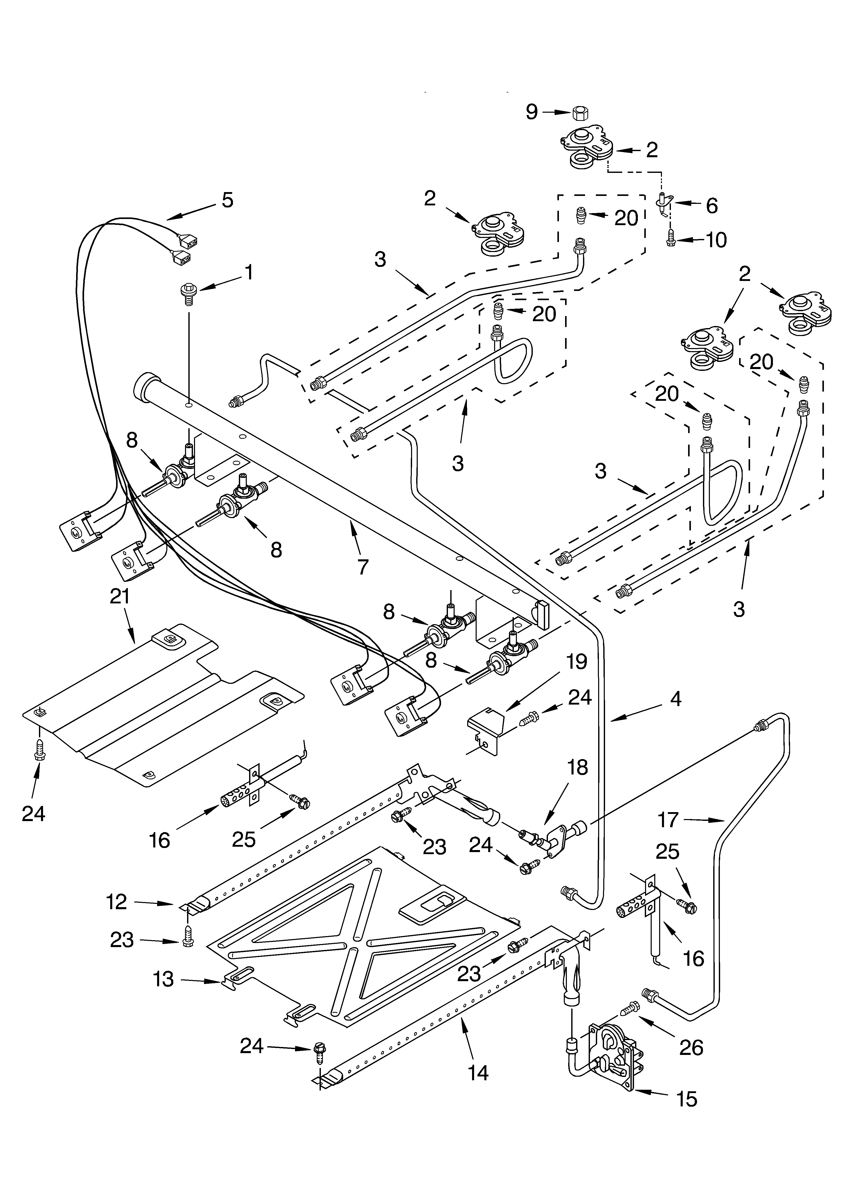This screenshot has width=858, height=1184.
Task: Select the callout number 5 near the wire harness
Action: pyautogui.click(x=227, y=200)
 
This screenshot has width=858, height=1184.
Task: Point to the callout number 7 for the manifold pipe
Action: pyautogui.click(x=363, y=567)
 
